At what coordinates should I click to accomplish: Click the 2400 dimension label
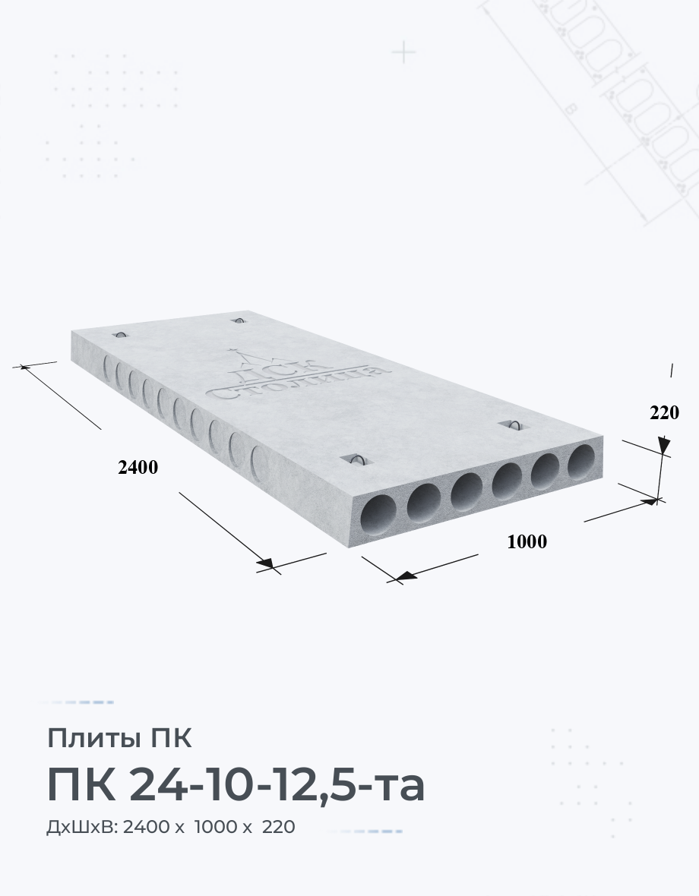pos(138,468)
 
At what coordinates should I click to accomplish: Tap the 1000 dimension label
pos(527,541)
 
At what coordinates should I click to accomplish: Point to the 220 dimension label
pos(664,412)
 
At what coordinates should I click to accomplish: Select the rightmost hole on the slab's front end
pos(582,461)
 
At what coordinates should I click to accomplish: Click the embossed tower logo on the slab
pos(296,374)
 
